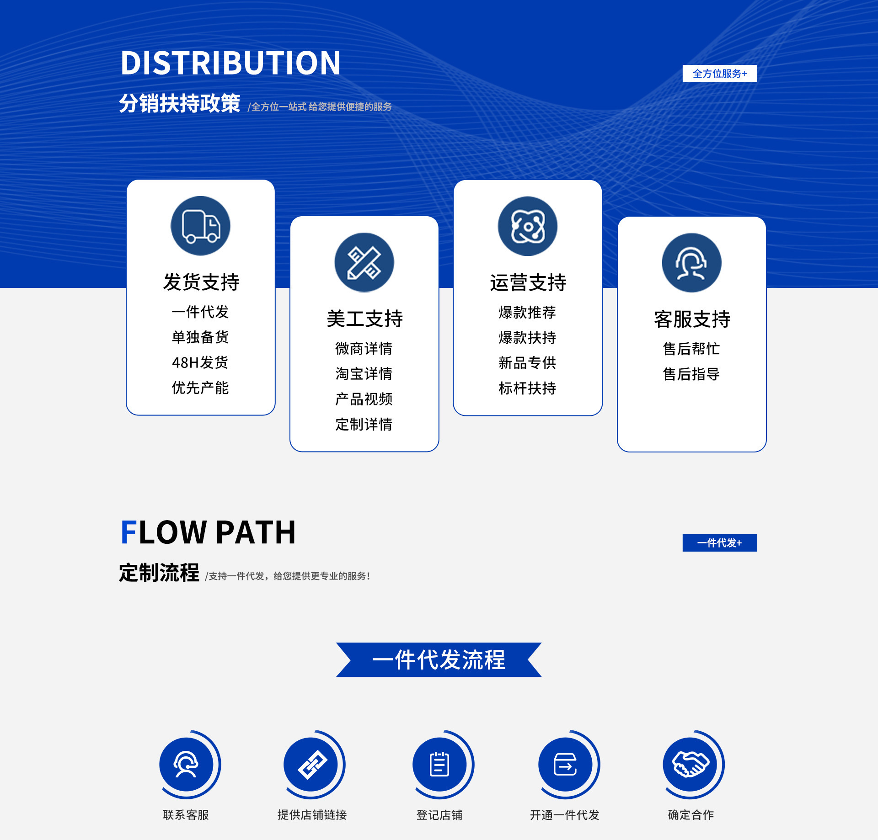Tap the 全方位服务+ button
(719, 74)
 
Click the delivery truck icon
(200, 226)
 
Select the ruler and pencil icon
(364, 262)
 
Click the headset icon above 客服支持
(691, 263)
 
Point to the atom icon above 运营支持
(527, 226)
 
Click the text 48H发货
(200, 362)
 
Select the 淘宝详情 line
(364, 373)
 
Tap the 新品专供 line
(527, 363)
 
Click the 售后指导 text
(691, 374)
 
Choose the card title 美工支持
(364, 319)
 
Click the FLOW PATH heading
(208, 532)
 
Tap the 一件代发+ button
(719, 543)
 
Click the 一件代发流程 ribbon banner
(439, 659)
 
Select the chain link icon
(312, 765)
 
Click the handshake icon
(691, 765)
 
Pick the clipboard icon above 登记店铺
(439, 765)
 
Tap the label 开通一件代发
(564, 815)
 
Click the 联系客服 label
(186, 815)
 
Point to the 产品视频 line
(364, 399)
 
